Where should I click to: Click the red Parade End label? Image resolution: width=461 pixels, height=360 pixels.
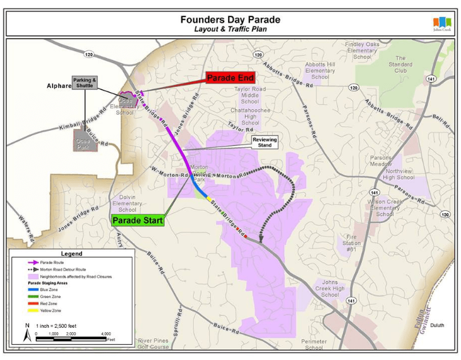coord(230,78)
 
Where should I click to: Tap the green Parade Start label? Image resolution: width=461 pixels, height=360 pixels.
coord(138,220)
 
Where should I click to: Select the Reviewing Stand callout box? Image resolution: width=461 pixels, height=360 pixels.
coord(265,142)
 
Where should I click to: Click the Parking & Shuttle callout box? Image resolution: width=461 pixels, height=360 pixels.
coord(85,83)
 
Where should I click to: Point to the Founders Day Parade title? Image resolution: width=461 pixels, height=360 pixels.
coord(230,20)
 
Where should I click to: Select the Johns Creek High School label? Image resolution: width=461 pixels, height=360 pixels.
coord(330,288)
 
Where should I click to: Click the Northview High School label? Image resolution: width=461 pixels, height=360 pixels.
coord(400,174)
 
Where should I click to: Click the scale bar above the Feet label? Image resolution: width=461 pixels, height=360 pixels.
coord(75,339)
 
